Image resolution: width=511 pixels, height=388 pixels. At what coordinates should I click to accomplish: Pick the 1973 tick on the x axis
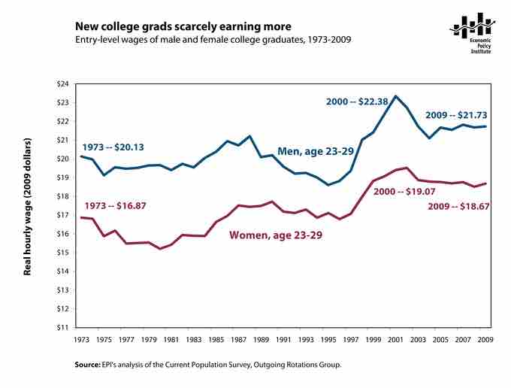point(80,339)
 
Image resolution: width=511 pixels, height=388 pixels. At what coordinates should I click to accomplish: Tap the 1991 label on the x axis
point(284,339)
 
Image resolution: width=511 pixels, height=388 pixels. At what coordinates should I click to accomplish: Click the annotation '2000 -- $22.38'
point(357,101)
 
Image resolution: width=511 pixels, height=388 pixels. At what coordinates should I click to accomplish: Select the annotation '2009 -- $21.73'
point(455,115)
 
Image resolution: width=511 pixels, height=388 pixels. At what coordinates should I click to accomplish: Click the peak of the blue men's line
point(396,96)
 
